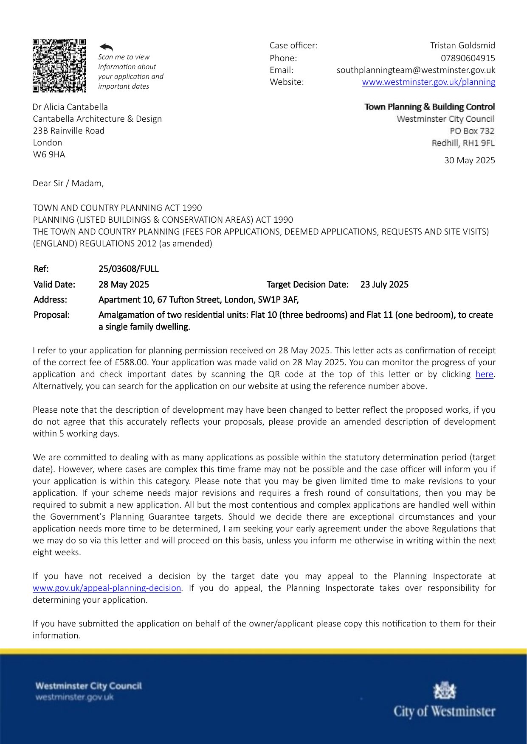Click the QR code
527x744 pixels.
[x=59, y=66]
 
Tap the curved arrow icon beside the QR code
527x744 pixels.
[x=106, y=47]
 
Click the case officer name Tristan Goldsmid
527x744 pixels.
[x=462, y=45]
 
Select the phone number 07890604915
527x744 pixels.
[x=468, y=58]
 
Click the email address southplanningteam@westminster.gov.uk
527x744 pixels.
[x=416, y=70]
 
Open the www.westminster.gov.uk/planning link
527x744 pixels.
[x=428, y=82]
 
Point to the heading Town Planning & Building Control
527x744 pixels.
[x=429, y=107]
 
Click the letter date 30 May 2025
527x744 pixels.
[x=469, y=160]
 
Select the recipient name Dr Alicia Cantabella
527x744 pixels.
[x=70, y=107]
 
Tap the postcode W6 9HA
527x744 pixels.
[x=49, y=154]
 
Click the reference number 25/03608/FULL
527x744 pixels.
[x=129, y=269]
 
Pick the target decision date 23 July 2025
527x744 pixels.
[x=384, y=285]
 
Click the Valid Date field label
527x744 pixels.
[x=54, y=285]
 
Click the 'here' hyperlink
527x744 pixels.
[x=484, y=374]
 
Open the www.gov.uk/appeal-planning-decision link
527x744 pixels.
[x=107, y=588]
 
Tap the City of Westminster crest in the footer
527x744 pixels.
[x=444, y=691]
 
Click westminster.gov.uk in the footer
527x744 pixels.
[x=75, y=697]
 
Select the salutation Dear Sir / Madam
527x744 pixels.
[x=68, y=183]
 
